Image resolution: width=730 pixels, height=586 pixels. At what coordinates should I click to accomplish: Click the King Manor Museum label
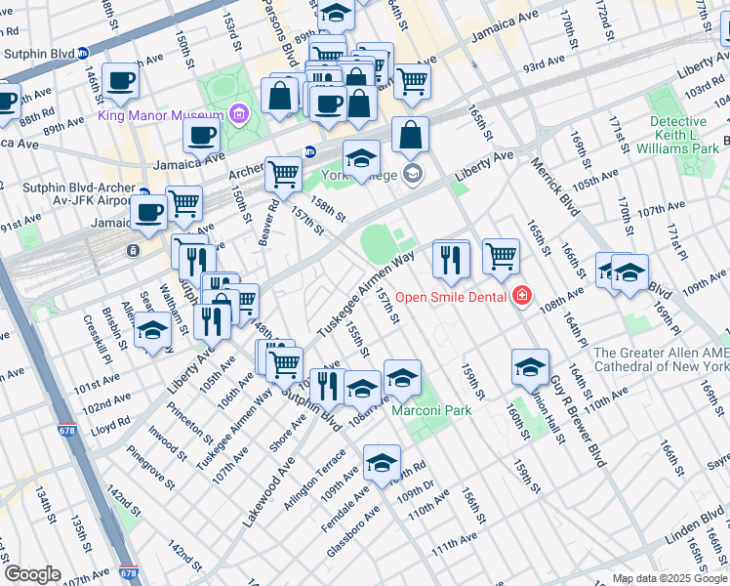click(161, 116)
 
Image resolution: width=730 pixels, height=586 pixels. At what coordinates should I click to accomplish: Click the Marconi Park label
click(431, 410)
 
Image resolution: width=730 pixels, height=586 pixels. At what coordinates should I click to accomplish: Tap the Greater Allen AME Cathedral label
click(661, 359)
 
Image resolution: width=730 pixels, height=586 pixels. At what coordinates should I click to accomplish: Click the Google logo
click(32, 574)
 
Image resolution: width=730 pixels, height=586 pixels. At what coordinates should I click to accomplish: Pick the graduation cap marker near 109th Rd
click(382, 461)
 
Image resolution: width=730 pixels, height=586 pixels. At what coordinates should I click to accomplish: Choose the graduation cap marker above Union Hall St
click(530, 367)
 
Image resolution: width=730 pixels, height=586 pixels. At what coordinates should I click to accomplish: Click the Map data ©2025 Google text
click(669, 578)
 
